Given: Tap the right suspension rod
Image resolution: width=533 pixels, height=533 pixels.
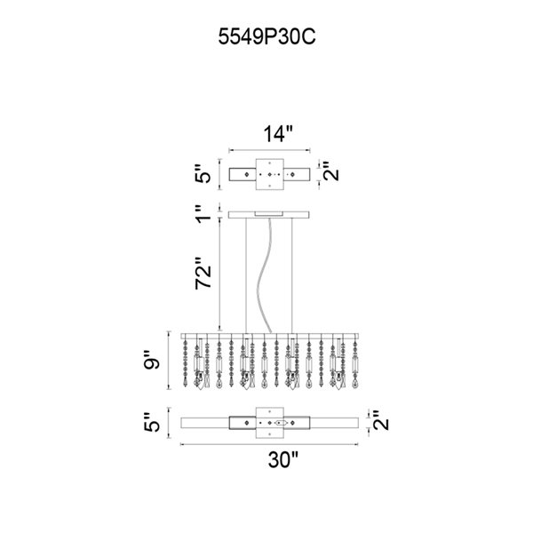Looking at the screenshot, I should click(x=294, y=275).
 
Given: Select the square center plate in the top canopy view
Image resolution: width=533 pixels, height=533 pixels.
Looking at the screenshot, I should click(x=269, y=175).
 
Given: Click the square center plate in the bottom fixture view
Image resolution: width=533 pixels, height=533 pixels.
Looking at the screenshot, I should click(x=269, y=424).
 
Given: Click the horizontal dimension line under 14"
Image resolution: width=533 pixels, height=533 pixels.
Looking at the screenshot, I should click(x=269, y=149).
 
